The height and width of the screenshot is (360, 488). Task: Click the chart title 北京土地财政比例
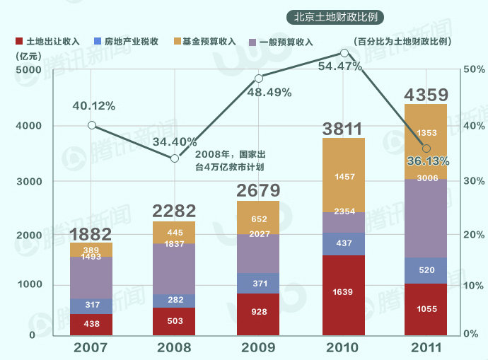point(339,16)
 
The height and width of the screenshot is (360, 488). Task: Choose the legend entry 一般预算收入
point(286,42)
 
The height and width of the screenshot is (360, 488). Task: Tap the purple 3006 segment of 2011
point(426,218)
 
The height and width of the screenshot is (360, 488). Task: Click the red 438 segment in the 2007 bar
point(91,323)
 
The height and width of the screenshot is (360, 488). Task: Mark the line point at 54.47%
point(344,53)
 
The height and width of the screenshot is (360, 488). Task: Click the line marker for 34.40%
point(175,158)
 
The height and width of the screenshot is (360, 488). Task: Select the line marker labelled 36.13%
point(426,149)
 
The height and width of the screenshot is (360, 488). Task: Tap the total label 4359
point(426,95)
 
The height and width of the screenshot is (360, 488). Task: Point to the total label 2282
point(175,210)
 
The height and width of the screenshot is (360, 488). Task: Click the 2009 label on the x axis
point(260,348)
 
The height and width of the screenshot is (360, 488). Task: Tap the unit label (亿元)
point(28,56)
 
